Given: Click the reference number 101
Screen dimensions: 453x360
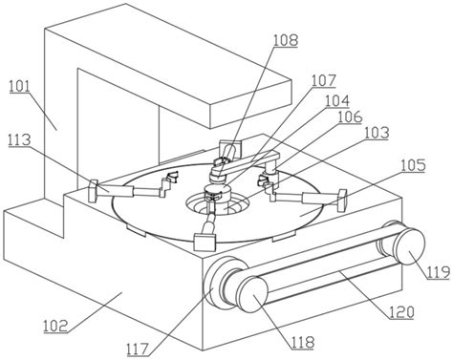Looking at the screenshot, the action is pyautogui.click(x=19, y=87).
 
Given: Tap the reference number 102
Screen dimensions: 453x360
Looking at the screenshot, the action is pyautogui.click(x=55, y=326).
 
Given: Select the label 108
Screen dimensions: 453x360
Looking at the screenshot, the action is pyautogui.click(x=286, y=41).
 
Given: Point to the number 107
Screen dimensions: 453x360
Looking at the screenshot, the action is pyautogui.click(x=323, y=81).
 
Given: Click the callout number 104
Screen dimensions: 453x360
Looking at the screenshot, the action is pyautogui.click(x=337, y=101).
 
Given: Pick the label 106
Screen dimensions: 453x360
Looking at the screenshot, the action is pyautogui.click(x=350, y=116).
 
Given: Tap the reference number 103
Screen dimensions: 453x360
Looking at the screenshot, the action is pyautogui.click(x=377, y=133).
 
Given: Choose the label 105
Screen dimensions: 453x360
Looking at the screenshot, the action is pyautogui.click(x=413, y=165).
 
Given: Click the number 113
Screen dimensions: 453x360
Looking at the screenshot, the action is pyautogui.click(x=19, y=140).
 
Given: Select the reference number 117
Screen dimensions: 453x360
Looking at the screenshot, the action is pyautogui.click(x=138, y=349).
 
